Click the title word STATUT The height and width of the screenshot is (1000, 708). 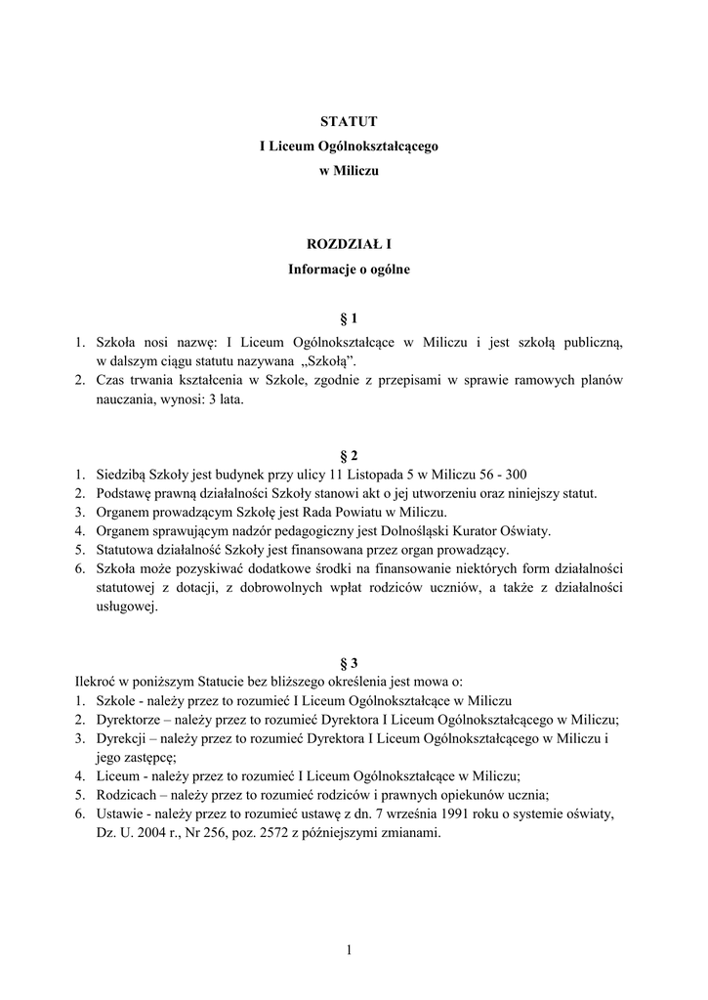click(349, 121)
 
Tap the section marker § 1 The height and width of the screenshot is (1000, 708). click(349, 318)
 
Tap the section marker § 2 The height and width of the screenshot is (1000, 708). click(349, 455)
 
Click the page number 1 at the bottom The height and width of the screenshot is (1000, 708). click(349, 950)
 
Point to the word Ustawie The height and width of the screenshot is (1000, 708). click(118, 814)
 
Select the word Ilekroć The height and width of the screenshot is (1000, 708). click(98, 682)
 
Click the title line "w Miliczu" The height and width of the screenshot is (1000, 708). click(349, 170)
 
